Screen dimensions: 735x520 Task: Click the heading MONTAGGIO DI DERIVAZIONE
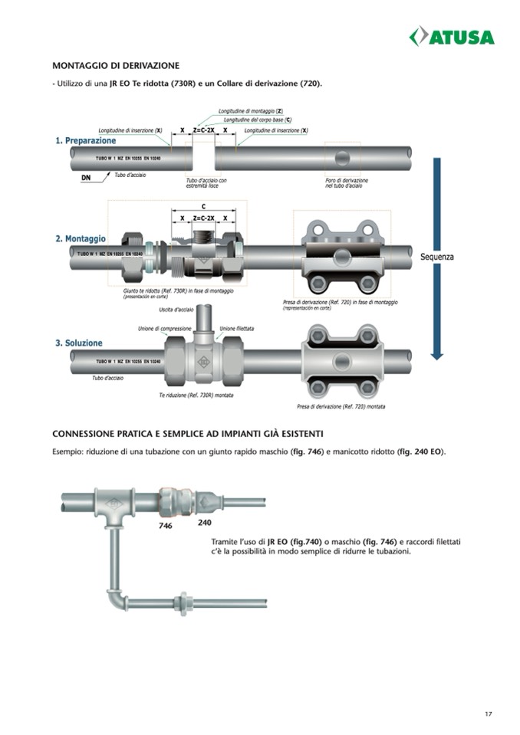click(x=115, y=66)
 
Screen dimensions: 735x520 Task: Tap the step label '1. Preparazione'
click(x=85, y=141)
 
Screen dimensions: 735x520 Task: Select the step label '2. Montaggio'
click(x=81, y=239)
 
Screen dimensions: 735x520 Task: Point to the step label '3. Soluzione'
click(x=78, y=343)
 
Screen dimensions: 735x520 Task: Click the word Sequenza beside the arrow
click(x=436, y=257)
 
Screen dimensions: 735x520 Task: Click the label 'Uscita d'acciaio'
click(x=176, y=310)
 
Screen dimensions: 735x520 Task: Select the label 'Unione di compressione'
click(x=164, y=328)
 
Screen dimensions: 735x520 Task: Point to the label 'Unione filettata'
click(x=237, y=328)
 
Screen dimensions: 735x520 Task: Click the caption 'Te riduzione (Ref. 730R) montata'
click(x=196, y=395)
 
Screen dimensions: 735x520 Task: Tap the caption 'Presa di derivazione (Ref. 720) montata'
click(x=341, y=406)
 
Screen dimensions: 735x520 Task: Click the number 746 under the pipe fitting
click(x=166, y=527)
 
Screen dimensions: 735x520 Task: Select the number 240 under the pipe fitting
click(x=205, y=523)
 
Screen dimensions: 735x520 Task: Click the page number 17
click(x=489, y=714)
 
